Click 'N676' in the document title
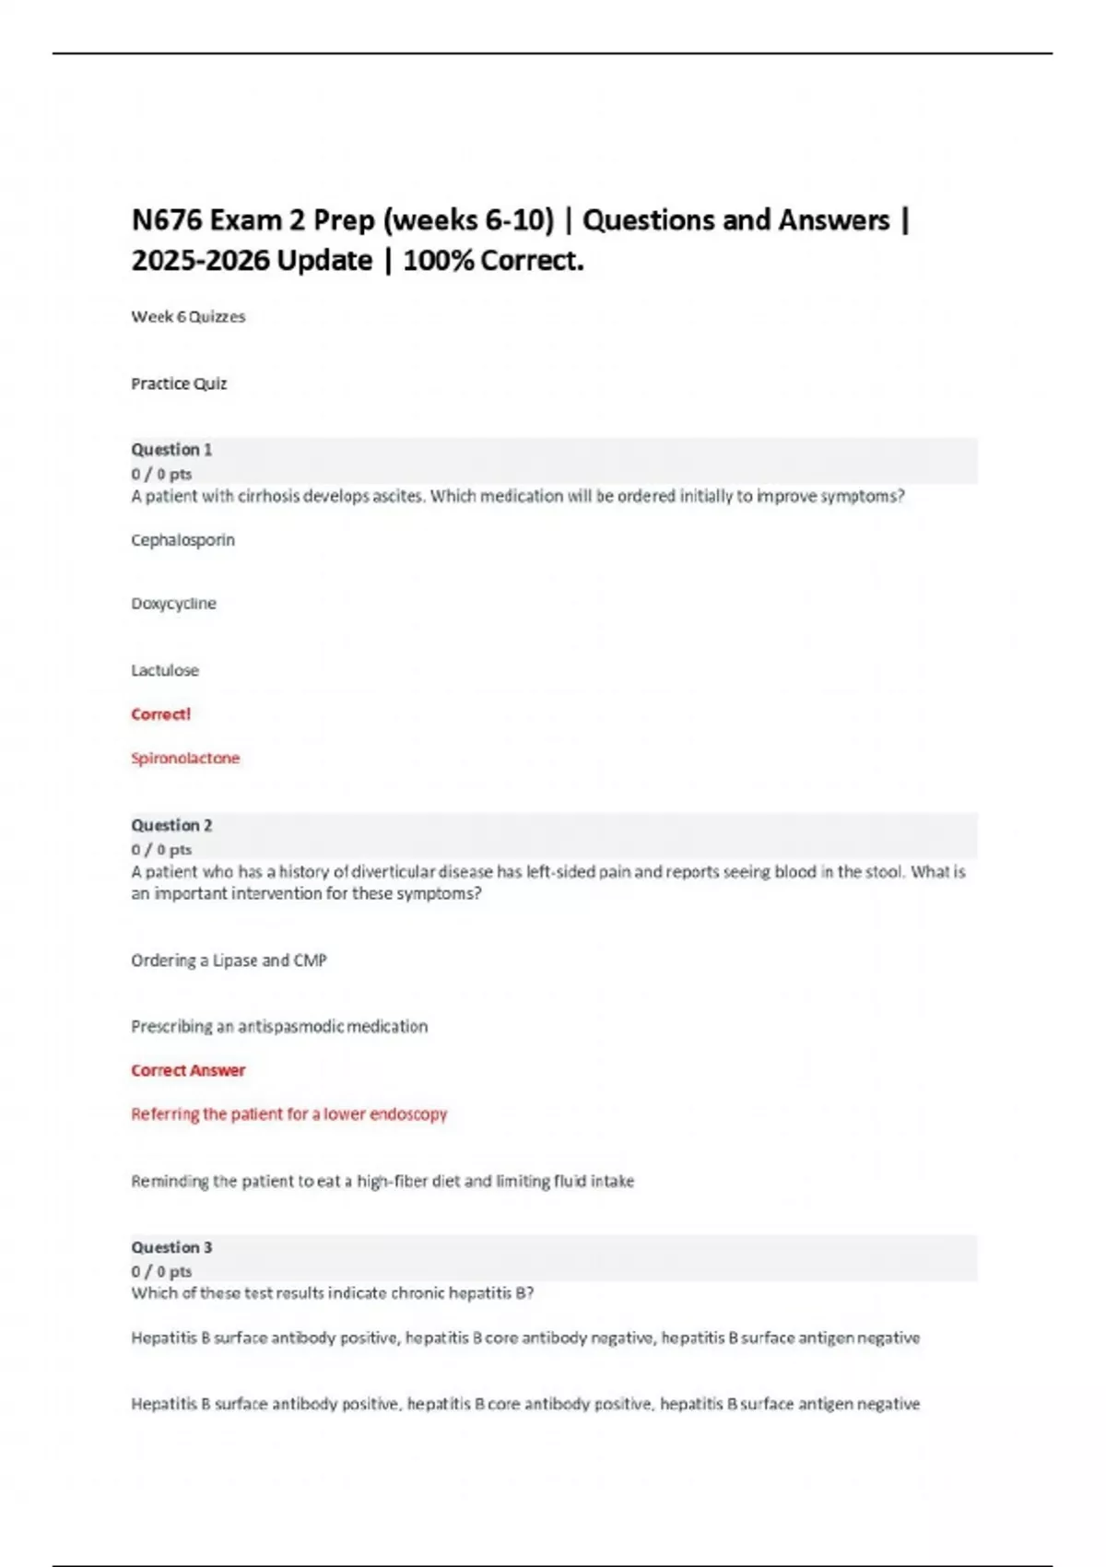(167, 220)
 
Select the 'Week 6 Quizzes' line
(188, 316)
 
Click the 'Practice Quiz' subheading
(179, 383)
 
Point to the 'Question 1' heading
(171, 450)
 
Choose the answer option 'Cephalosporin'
(182, 540)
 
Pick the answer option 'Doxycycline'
(173, 604)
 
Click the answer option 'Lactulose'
(165, 670)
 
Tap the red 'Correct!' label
(160, 714)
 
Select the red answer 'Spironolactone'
(185, 758)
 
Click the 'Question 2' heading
(171, 825)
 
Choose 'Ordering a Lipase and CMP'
(229, 960)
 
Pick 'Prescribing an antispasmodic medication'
(279, 1026)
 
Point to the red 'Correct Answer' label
(188, 1070)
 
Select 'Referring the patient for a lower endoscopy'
(288, 1113)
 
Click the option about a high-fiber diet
(382, 1181)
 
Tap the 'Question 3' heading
(171, 1247)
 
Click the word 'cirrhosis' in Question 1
(269, 496)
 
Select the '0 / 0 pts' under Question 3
(161, 1271)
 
